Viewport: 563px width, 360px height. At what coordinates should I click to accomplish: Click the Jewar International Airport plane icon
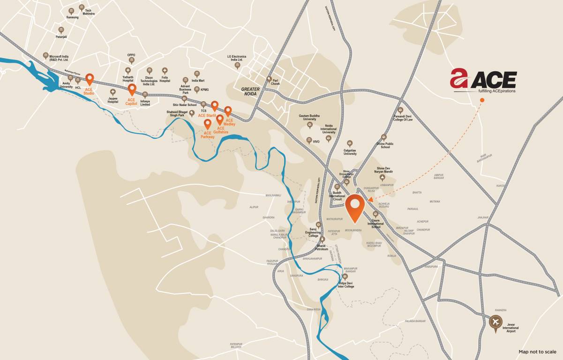[495, 322]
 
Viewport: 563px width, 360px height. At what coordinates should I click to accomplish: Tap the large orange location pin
[355, 207]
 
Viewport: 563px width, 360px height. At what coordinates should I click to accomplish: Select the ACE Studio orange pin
[89, 80]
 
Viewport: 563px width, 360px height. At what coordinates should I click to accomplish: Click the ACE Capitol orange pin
[132, 89]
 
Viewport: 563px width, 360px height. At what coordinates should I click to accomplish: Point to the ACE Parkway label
[208, 135]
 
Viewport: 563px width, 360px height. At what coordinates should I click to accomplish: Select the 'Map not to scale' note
[537, 352]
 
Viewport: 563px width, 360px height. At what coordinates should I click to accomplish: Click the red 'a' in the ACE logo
[459, 78]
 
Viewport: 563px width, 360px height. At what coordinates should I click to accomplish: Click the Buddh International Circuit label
[337, 196]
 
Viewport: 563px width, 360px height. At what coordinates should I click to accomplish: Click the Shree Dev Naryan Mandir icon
[383, 177]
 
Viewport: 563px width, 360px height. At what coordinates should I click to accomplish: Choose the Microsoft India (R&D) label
[59, 58]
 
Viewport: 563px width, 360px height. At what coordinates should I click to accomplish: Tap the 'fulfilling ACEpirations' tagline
[496, 91]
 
